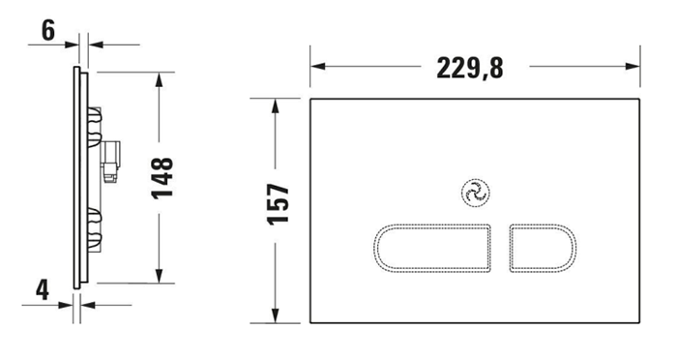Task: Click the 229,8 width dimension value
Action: click(x=472, y=68)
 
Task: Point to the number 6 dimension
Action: click(x=46, y=31)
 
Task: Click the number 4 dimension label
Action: click(x=43, y=290)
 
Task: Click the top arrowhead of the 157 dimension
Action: click(x=278, y=105)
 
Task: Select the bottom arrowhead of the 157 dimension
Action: click(x=278, y=315)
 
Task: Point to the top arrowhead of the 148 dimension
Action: click(x=161, y=76)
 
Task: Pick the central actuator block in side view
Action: click(x=111, y=160)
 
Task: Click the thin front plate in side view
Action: click(x=75, y=174)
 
